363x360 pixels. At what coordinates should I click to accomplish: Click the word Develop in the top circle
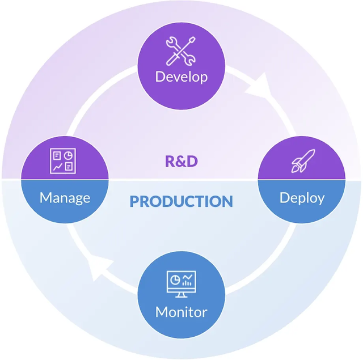[x=181, y=77]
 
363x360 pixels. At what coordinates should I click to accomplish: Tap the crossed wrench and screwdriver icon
[x=181, y=50]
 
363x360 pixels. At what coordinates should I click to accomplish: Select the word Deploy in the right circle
[x=302, y=198]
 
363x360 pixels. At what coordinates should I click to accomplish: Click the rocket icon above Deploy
[x=301, y=161]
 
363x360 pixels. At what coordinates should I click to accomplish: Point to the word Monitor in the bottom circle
[x=181, y=312]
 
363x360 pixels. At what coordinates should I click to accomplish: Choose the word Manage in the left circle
[x=65, y=198]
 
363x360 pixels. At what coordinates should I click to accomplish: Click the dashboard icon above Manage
[x=62, y=160]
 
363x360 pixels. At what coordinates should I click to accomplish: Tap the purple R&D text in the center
[x=181, y=161]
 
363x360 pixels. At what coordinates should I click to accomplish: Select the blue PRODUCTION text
[x=181, y=201]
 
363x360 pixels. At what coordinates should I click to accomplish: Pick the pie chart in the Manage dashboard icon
[x=69, y=155]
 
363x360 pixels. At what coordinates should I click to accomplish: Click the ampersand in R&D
[x=181, y=161]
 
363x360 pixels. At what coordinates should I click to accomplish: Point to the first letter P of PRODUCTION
[x=135, y=201]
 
